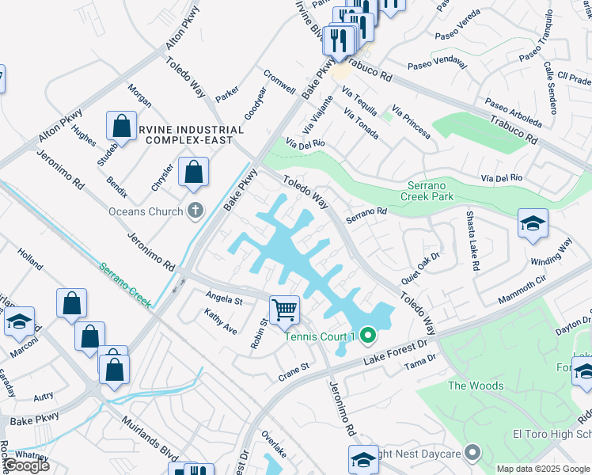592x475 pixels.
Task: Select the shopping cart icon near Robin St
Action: (284, 309)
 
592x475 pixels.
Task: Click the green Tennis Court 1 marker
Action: (367, 336)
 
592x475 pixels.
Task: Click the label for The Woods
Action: (475, 386)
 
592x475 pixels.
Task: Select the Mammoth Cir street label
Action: (522, 291)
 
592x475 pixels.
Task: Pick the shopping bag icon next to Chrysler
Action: (193, 172)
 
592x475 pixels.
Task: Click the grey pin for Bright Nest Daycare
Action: (472, 453)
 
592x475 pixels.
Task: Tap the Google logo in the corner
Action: (25, 465)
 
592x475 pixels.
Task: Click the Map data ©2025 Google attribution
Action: (542, 469)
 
